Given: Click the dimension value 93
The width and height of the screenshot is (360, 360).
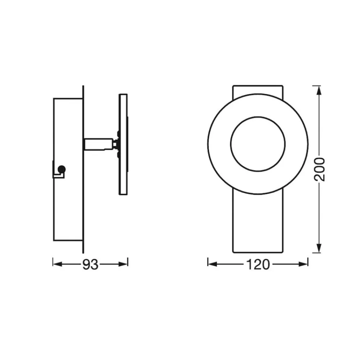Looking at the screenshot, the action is tap(90, 265).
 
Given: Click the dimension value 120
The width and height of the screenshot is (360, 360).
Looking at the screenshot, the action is tap(258, 265).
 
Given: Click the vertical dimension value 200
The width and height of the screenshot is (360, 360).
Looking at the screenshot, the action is tap(320, 170).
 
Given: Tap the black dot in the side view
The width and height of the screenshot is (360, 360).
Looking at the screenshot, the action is tap(62, 170).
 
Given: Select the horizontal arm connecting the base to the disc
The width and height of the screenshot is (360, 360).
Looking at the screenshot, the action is tap(98, 144).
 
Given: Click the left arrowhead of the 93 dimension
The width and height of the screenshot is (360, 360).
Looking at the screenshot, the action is tap(58, 264).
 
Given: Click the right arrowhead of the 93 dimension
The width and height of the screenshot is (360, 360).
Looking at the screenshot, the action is tap(123, 264).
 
